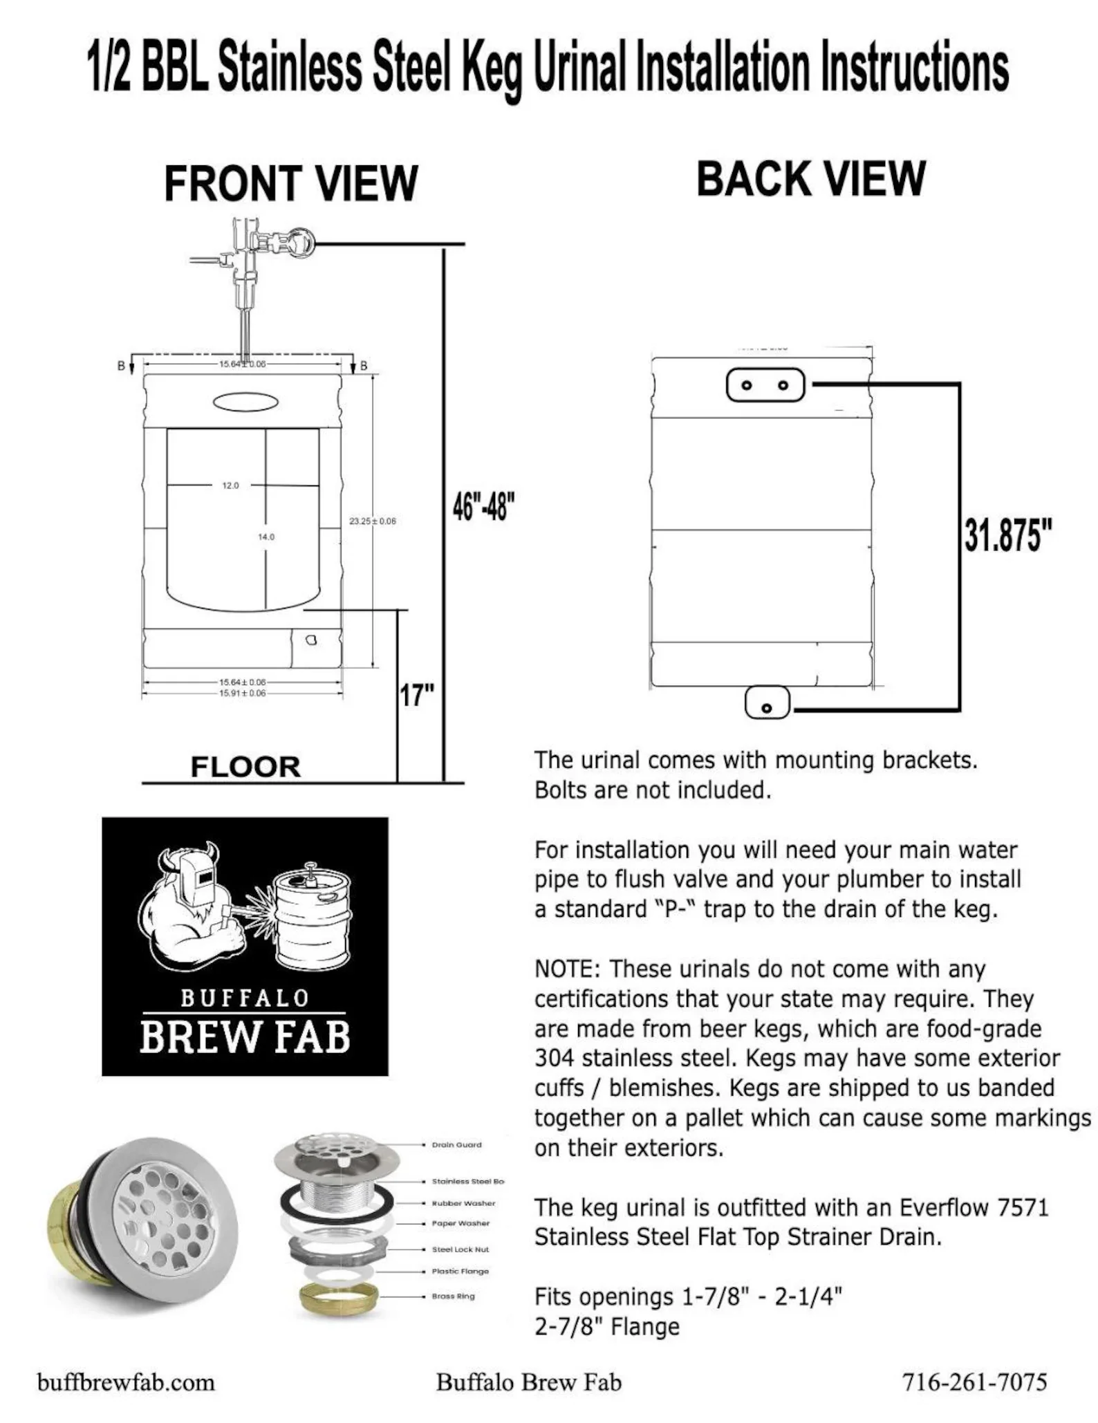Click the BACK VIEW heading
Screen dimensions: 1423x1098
pos(810,179)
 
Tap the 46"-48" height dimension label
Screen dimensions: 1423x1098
pos(483,508)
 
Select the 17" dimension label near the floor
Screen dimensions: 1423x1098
pos(417,694)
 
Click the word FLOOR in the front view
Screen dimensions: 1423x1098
pos(245,767)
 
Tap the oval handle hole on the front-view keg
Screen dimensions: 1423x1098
pos(246,402)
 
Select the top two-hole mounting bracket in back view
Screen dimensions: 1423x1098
pos(765,384)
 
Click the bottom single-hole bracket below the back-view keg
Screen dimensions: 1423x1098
pos(767,703)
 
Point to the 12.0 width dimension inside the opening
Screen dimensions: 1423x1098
pos(230,485)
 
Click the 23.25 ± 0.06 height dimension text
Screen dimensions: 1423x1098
pos(373,521)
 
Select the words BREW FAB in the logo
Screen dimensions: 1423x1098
pos(245,1037)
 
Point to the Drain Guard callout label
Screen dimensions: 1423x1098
pos(456,1144)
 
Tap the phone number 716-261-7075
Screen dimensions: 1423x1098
pos(974,1382)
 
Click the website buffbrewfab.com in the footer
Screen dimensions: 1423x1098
pos(126,1382)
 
